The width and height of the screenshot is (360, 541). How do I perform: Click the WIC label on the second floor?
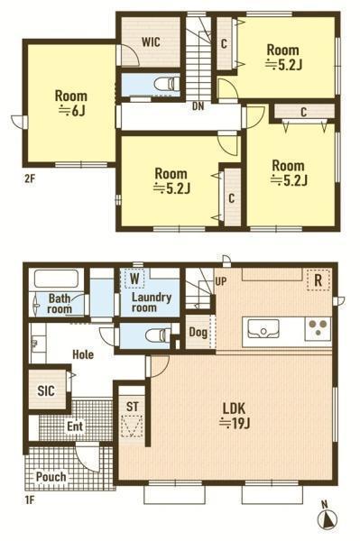151,42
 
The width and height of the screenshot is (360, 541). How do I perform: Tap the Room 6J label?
71,103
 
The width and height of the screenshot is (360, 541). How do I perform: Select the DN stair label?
198,106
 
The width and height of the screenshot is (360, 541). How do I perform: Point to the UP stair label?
221,281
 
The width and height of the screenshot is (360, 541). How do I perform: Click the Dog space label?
198,332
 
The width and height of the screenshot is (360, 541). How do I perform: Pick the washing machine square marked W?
134,279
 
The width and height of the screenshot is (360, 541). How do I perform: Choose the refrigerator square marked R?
318,280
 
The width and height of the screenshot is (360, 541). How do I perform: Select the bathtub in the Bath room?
57,279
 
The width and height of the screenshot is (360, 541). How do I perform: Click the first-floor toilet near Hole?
158,335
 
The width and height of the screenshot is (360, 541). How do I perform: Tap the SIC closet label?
46,391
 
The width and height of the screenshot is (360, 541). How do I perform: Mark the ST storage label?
132,407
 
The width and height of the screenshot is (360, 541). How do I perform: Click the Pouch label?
51,477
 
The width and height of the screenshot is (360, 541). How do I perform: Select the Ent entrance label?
75,426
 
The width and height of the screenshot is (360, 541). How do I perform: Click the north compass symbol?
327,517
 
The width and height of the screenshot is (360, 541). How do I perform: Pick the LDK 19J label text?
235,416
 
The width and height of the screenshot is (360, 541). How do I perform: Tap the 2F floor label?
30,179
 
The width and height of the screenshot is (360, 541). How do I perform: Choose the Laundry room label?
152,302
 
